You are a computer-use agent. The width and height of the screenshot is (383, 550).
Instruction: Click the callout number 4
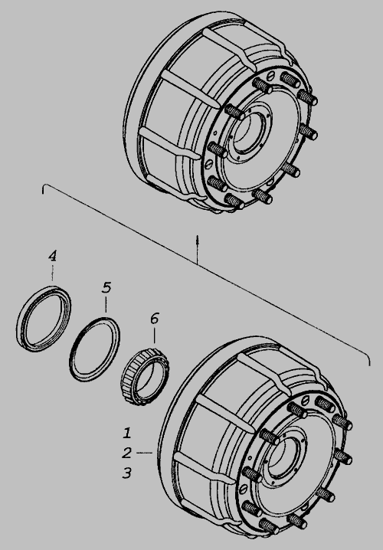click(52, 256)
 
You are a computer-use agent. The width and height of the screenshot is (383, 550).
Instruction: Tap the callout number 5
click(106, 287)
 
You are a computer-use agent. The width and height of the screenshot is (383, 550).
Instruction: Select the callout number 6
click(154, 319)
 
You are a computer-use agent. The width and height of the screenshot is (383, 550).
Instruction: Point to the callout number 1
click(127, 433)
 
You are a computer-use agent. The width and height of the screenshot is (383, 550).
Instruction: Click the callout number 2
click(126, 453)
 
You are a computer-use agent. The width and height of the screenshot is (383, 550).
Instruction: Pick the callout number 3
click(126, 473)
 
